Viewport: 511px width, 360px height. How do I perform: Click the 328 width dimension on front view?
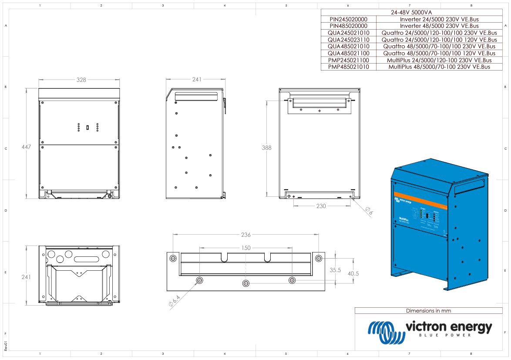pyautogui.click(x=81, y=80)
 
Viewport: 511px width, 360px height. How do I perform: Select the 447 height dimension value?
pyautogui.click(x=27, y=147)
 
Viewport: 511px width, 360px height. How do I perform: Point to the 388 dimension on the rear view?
pyautogui.click(x=266, y=148)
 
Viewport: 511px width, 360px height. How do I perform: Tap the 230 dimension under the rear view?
pyautogui.click(x=321, y=206)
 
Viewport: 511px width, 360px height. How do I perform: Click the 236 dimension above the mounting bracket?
pyautogui.click(x=246, y=235)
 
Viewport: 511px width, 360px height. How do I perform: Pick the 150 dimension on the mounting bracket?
pyautogui.click(x=246, y=248)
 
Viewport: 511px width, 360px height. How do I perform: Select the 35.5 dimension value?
pyautogui.click(x=335, y=270)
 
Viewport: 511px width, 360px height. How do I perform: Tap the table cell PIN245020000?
pyautogui.click(x=348, y=19)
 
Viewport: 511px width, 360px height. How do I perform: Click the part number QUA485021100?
pyautogui.click(x=348, y=53)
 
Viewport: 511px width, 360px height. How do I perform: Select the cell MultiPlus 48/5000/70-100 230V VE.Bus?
pyautogui.click(x=439, y=67)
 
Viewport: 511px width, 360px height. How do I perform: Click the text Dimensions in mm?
pyautogui.click(x=428, y=311)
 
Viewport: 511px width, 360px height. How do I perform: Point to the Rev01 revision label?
pyautogui.click(x=6, y=346)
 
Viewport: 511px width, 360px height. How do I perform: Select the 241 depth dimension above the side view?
pyautogui.click(x=197, y=80)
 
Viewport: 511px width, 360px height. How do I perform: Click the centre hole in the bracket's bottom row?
pyautogui.click(x=246, y=283)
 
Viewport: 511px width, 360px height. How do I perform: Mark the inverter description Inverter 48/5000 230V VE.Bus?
pyautogui.click(x=439, y=26)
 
